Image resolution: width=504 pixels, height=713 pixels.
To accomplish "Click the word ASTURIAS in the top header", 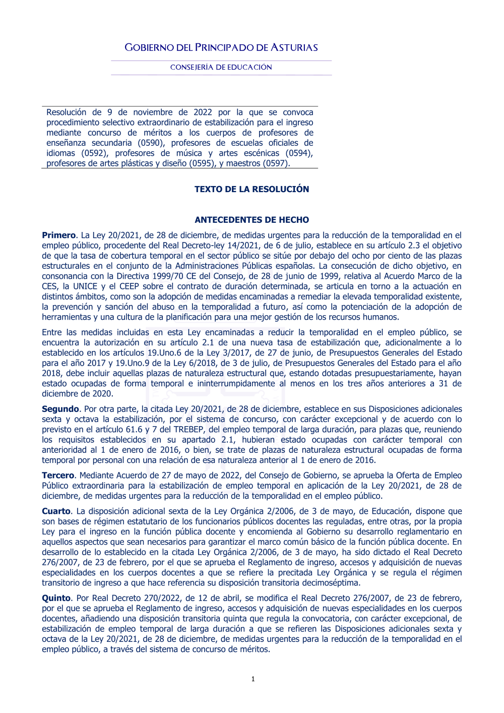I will pos(294,48).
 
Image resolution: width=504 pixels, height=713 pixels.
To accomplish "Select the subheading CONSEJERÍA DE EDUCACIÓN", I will pos(221,67).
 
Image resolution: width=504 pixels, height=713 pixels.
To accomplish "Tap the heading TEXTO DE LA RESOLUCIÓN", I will pos(252,189).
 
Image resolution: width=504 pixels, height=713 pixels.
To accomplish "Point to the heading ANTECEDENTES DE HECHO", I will pos(252,220).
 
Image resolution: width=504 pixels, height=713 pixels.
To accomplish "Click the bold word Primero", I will pos(58,235).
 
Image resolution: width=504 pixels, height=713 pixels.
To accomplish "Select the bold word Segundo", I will pos(60,409).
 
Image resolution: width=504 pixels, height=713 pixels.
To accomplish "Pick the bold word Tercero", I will pos(58,476).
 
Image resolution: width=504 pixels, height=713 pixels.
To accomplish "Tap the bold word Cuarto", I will pos(56,511).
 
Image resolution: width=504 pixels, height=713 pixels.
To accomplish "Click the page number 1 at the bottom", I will pos(253,679).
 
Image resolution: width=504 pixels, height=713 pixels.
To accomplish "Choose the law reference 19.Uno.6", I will pos(167,353).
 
